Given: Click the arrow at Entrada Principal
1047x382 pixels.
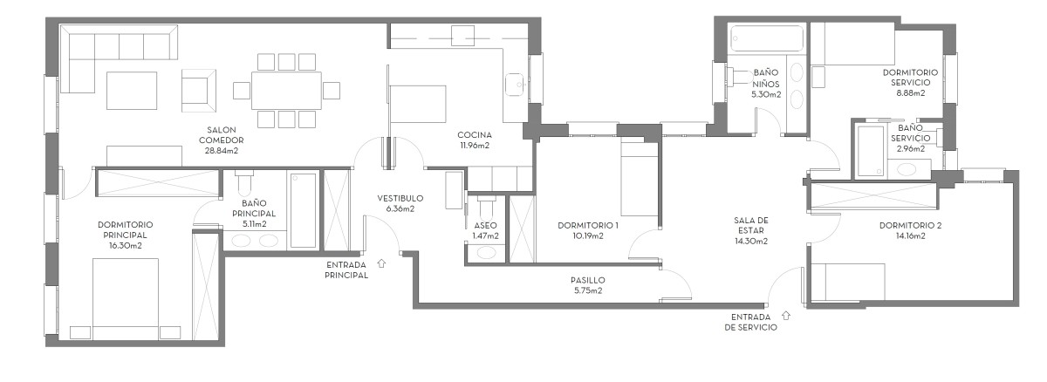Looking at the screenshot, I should click(381, 261).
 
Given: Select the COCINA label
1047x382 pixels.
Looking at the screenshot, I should click(475, 135).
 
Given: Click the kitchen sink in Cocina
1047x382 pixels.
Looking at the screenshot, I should click(515, 83).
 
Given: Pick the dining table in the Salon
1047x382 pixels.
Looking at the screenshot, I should click(286, 90).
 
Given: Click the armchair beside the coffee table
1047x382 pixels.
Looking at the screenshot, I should click(197, 90).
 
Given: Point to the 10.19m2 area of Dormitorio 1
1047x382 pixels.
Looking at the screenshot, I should click(587, 235).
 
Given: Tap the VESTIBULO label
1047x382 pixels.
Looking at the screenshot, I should click(400, 198).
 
